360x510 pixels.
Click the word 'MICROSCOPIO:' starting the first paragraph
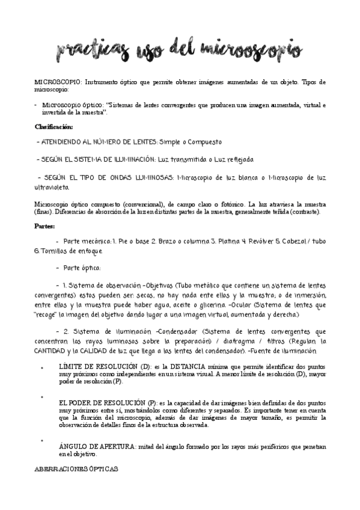pyautogui.click(x=55, y=81)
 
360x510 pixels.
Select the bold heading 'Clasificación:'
pyautogui.click(x=53, y=127)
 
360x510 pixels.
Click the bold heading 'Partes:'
pyautogui.click(x=44, y=226)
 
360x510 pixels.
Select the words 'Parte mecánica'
pyautogui.click(x=87, y=241)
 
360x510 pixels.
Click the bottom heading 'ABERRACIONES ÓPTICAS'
pyautogui.click(x=76, y=469)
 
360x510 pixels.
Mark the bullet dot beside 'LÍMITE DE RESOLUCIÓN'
pyautogui.click(x=41, y=367)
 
